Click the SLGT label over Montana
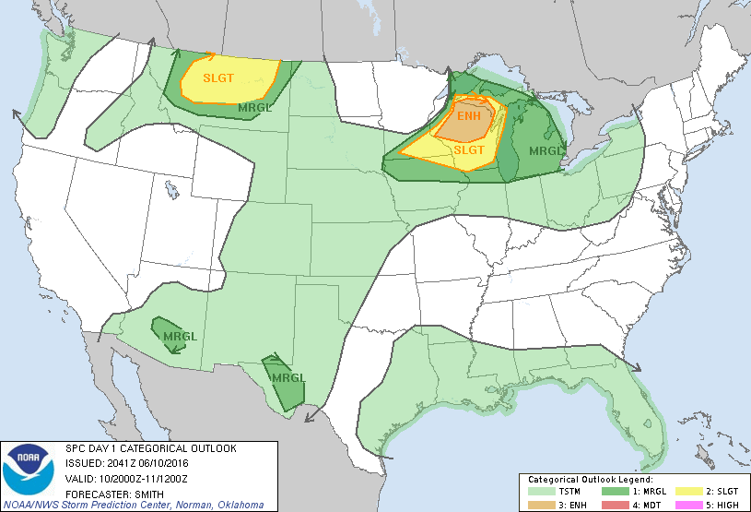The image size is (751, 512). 220,77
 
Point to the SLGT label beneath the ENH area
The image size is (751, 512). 469,149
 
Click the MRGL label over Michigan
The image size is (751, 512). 545,150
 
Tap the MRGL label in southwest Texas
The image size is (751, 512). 287,377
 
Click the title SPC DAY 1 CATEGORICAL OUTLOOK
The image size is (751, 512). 150,448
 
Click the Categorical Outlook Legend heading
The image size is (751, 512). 590,480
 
